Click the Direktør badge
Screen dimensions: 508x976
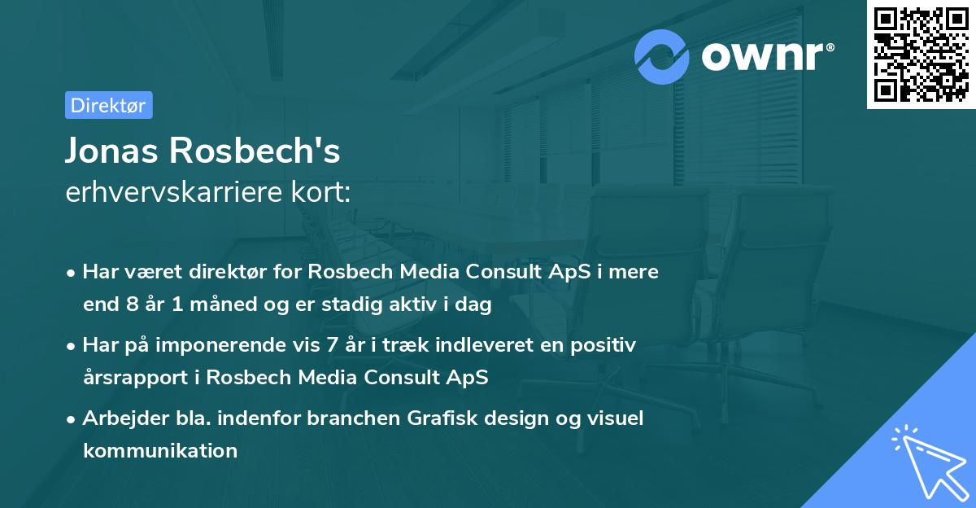tap(108, 105)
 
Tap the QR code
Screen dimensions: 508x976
tap(921, 55)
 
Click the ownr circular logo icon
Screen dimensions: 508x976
tap(662, 56)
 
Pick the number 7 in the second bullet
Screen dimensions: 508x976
tap(331, 345)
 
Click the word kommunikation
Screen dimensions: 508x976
tap(160, 450)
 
